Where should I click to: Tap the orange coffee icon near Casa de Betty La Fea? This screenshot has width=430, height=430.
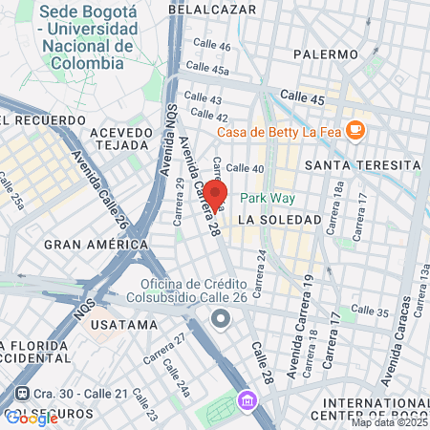point(355,129)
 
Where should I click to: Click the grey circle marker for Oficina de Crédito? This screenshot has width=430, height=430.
point(221,318)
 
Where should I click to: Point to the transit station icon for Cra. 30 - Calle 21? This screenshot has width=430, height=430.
point(22,394)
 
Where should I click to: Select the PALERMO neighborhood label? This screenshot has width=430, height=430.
point(326,54)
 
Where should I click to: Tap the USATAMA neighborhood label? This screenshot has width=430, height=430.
point(122,324)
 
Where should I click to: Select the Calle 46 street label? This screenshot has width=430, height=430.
point(211,46)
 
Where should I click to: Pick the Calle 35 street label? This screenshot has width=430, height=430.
point(370,310)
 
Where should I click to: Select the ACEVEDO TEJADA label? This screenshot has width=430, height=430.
point(121,139)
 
